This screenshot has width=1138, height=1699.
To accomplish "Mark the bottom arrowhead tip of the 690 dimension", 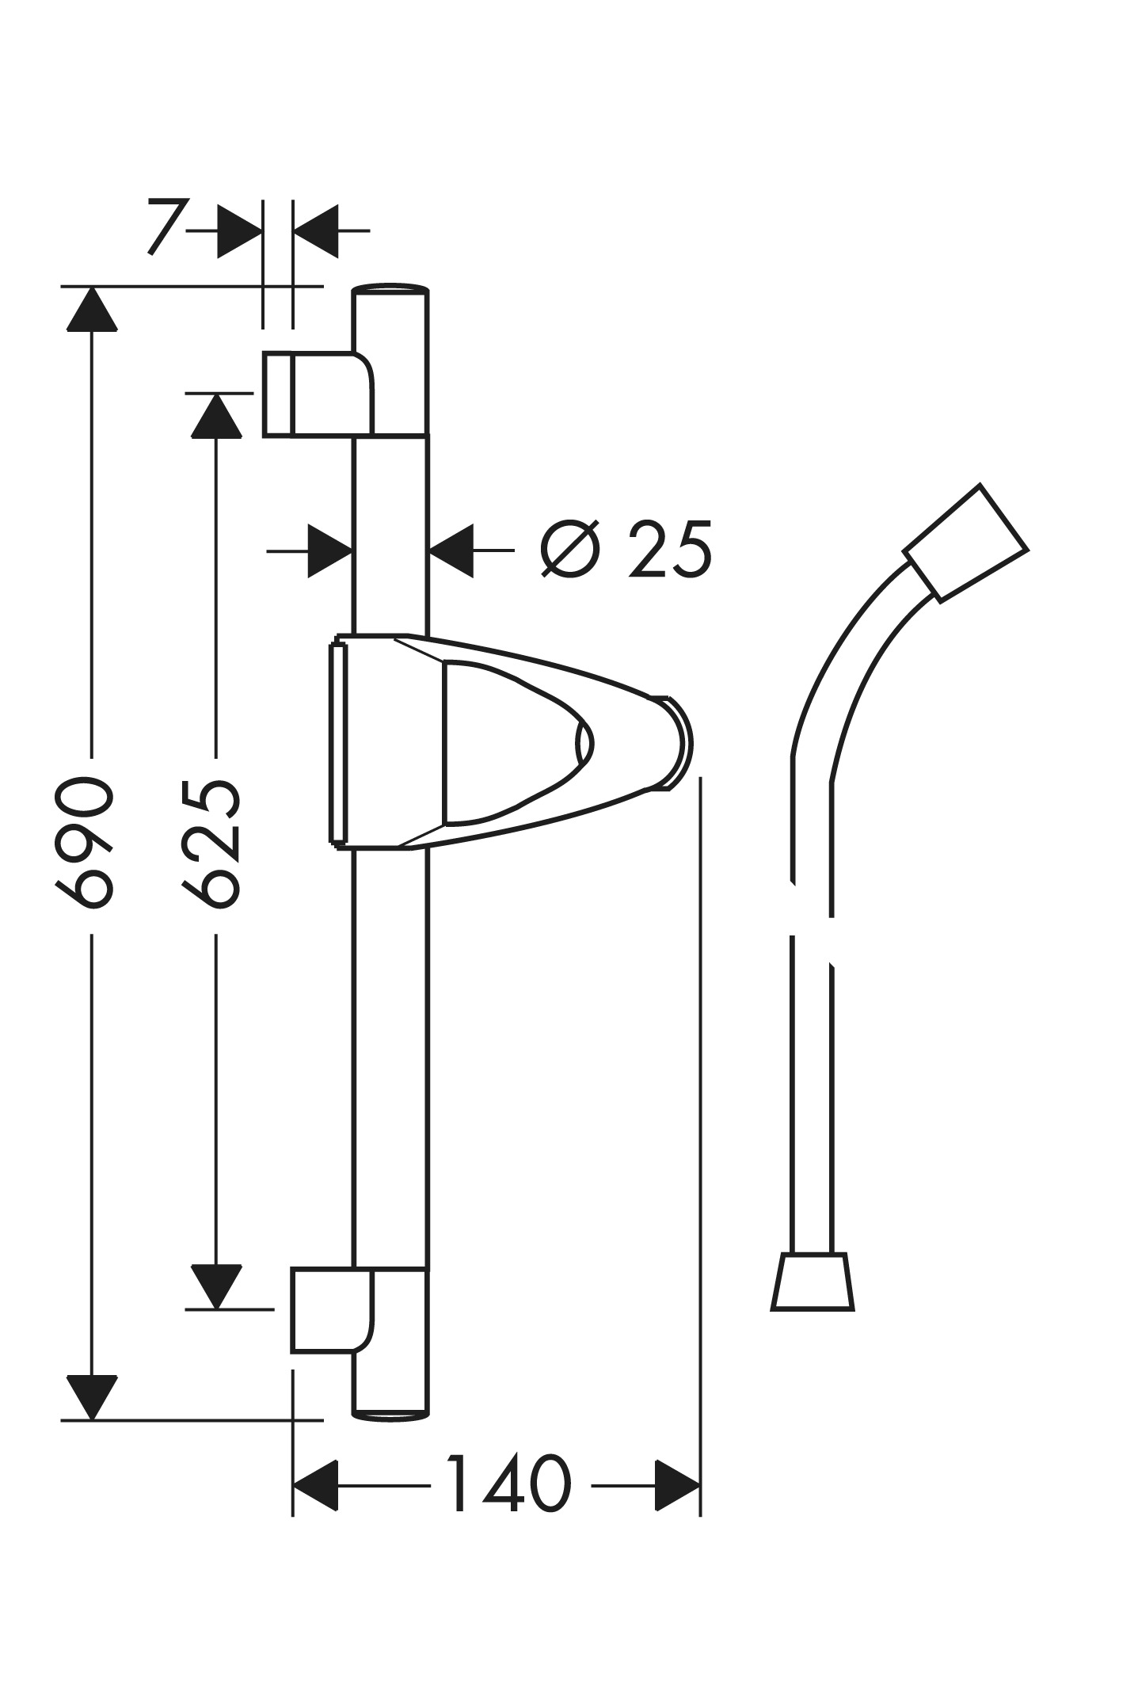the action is point(93,1419).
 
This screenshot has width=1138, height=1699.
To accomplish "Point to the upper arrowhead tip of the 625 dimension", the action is point(217,394).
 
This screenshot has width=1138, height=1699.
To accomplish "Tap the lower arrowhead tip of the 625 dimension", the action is point(217,1309).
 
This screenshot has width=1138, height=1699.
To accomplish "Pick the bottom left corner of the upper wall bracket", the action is point(264,436).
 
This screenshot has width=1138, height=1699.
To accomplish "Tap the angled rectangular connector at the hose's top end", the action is point(965,543).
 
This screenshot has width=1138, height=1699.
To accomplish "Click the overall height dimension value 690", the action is point(84,843).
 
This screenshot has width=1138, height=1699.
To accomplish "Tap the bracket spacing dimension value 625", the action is point(211,843).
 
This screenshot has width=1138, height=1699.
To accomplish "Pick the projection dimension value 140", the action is point(509,1483).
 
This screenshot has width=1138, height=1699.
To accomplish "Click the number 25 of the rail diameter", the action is point(670,549).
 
